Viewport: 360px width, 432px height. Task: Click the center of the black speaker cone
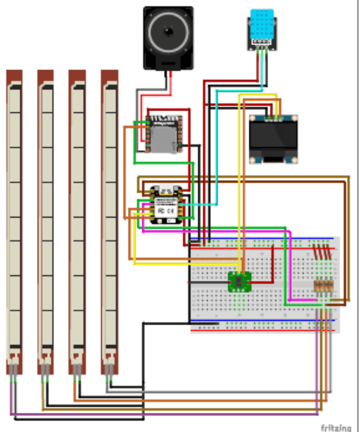point(168,32)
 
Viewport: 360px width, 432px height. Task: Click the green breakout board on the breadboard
point(240,281)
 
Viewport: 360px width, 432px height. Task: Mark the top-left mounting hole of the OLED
point(253,118)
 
